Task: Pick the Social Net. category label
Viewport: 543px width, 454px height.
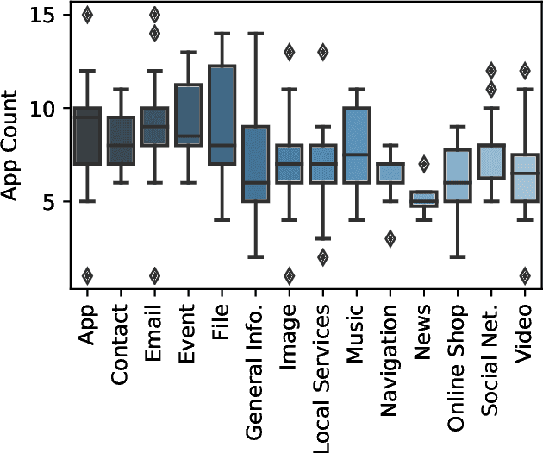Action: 490,354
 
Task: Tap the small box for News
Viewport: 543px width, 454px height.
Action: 423,199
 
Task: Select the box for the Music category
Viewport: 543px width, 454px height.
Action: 356,145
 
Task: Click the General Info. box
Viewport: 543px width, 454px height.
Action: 255,164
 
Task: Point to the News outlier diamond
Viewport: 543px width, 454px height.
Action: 423,164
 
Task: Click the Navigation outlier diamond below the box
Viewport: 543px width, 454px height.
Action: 390,239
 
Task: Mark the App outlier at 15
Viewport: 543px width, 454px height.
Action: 87,15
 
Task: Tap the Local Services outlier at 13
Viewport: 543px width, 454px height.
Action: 322,52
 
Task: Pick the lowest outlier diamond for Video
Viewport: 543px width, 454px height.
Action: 524,276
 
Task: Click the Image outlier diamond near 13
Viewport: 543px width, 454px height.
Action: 289,52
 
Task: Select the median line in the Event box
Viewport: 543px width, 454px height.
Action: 188,136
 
